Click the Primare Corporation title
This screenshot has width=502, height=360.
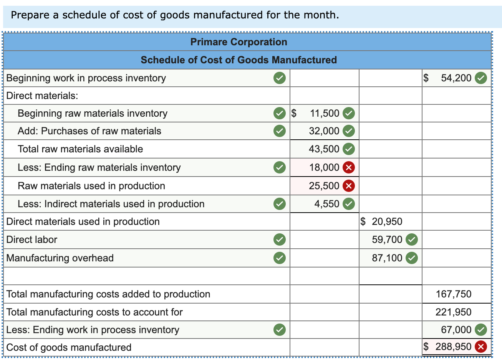tap(239, 42)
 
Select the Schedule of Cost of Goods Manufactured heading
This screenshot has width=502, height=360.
tap(239, 60)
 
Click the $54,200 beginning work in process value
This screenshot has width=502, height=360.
tap(456, 78)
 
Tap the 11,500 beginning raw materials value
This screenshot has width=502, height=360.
tap(324, 113)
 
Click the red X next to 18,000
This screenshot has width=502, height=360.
tap(349, 167)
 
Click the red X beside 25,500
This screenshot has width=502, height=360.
tap(349, 186)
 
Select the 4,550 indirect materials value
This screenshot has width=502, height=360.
tap(326, 204)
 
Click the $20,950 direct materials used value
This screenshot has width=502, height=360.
tap(387, 221)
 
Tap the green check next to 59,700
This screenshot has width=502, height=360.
tap(412, 239)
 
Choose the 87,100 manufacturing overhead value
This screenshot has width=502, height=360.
tap(387, 258)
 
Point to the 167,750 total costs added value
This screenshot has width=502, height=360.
tap(453, 294)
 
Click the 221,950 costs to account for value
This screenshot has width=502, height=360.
tap(453, 312)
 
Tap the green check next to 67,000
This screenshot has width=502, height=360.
tap(480, 330)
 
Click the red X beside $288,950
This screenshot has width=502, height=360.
tap(480, 347)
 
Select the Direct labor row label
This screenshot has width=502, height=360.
tap(32, 239)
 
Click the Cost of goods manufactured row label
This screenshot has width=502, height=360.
tap(69, 347)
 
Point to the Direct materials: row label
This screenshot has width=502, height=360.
tap(42, 96)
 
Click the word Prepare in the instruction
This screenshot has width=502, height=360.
tap(30, 15)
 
